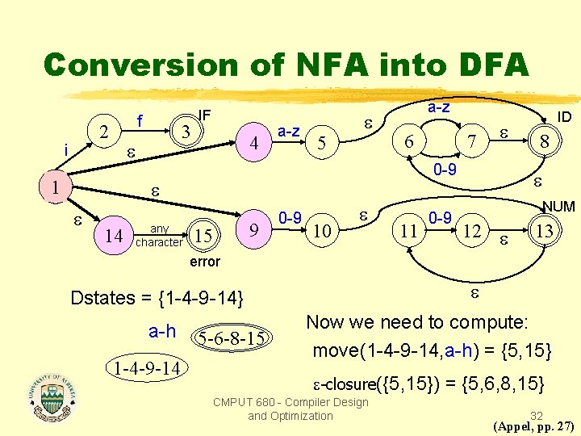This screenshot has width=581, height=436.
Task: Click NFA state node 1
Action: [x=54, y=187]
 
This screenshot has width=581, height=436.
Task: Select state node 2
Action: [x=102, y=130]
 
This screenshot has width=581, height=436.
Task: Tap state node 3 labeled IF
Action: [x=186, y=130]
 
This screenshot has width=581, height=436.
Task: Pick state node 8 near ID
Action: [x=545, y=141]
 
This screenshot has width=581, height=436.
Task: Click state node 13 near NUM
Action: [x=545, y=232]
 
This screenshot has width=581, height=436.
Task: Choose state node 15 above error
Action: [x=204, y=236]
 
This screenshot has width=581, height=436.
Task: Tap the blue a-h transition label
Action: [x=162, y=331]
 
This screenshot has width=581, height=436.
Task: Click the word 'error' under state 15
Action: [x=204, y=262]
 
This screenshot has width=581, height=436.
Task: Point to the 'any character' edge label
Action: [x=159, y=235]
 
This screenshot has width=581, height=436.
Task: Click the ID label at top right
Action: [x=564, y=117]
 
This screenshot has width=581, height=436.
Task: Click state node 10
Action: [x=321, y=232]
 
